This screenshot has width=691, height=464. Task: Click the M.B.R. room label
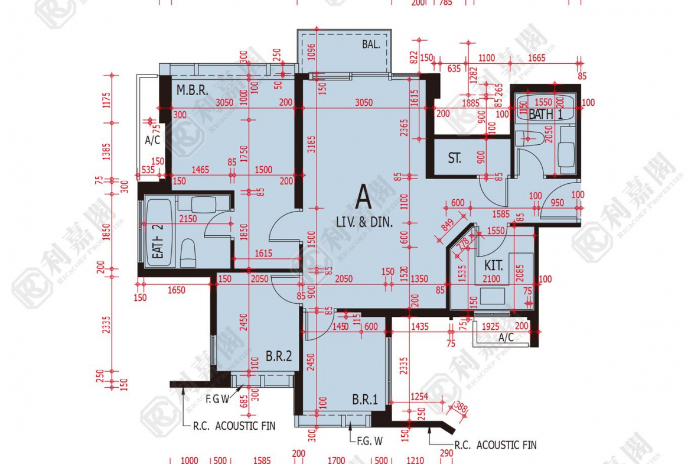[191, 90]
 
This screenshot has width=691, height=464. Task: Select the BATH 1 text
[545, 115]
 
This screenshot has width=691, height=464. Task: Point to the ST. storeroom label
[454, 158]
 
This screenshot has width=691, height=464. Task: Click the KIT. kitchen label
[493, 266]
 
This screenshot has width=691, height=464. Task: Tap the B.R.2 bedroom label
[279, 356]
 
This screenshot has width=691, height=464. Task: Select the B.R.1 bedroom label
[364, 400]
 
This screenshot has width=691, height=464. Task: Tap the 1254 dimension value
[420, 396]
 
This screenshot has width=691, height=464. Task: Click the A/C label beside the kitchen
[506, 338]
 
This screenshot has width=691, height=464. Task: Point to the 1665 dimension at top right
[536, 57]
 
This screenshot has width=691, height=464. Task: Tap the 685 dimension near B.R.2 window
[242, 404]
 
